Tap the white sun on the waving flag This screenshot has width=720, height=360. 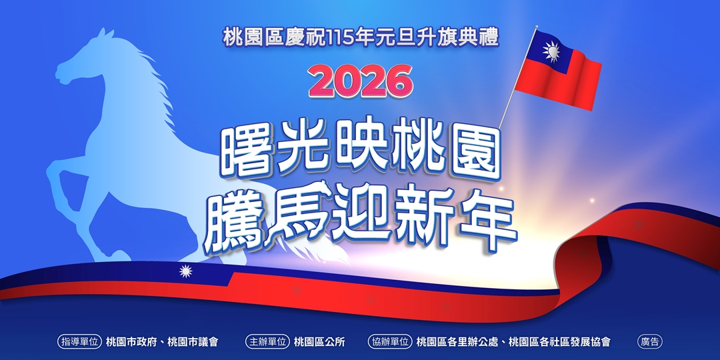point(551,51)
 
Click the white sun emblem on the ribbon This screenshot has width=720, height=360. point(186,271)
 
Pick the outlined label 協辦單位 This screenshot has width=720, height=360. point(390,342)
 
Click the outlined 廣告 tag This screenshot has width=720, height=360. point(650,342)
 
